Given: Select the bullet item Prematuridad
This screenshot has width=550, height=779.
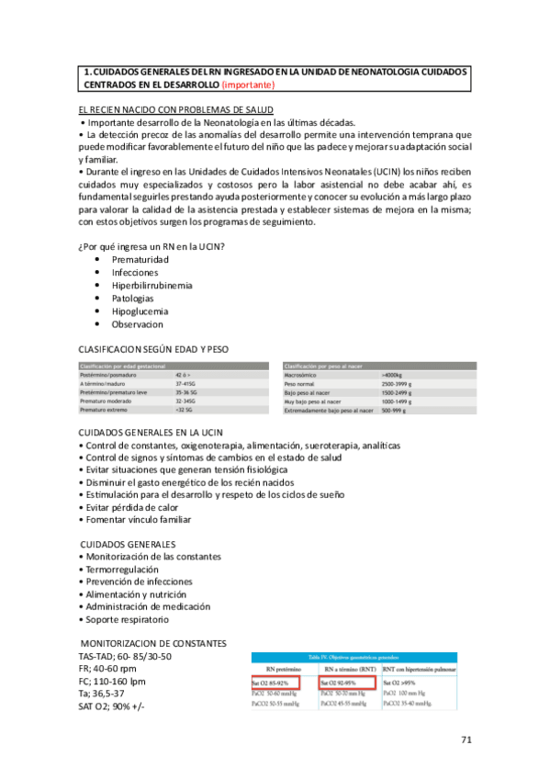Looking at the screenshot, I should pyautogui.click(x=140, y=260).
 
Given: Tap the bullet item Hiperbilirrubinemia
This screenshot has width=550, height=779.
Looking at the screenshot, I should pyautogui.click(x=152, y=286).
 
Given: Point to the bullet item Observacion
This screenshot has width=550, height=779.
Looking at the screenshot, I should pyautogui.click(x=138, y=324).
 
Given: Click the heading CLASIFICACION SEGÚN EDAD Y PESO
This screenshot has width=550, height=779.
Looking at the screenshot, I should pyautogui.click(x=154, y=350).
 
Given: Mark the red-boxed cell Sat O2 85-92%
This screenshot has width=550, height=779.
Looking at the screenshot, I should pyautogui.click(x=281, y=684).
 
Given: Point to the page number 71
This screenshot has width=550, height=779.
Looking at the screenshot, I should pyautogui.click(x=467, y=739).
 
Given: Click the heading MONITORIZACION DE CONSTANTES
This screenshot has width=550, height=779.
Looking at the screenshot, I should pyautogui.click(x=154, y=643).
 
